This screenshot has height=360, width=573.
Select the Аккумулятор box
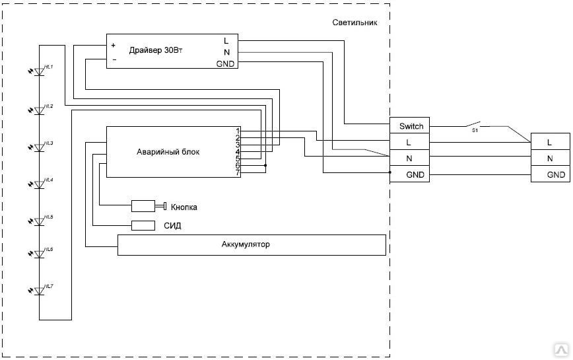point(251,245)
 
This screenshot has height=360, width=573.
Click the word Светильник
point(354,22)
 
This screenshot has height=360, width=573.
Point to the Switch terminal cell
point(409,126)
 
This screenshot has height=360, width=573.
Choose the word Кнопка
point(184,207)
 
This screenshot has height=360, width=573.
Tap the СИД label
point(172,226)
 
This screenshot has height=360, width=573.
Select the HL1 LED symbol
point(39,71)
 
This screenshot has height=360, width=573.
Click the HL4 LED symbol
point(39,184)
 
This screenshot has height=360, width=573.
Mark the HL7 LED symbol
point(39,290)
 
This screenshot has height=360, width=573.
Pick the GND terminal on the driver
point(225,64)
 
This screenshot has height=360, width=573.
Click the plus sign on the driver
point(113,46)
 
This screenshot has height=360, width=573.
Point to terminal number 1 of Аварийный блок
point(237,131)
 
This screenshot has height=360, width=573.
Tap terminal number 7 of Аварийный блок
point(237,173)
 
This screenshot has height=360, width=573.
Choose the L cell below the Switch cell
point(409,143)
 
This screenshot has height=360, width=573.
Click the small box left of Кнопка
point(143,206)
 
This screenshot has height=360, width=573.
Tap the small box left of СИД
point(143,225)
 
